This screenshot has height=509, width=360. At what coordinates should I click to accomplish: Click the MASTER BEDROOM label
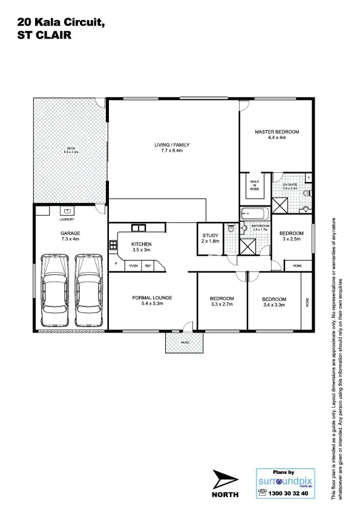click(x=277, y=131)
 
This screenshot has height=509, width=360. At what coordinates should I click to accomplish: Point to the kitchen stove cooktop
click(x=113, y=245)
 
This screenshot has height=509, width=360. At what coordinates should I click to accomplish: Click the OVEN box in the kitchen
click(x=133, y=265)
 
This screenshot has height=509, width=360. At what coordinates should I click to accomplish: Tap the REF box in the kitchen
click(x=148, y=265)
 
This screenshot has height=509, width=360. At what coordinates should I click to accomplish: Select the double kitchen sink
click(x=139, y=227)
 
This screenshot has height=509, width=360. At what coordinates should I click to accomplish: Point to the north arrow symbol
click(x=225, y=480)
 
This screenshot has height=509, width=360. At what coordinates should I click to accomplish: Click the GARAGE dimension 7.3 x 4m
click(x=70, y=239)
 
